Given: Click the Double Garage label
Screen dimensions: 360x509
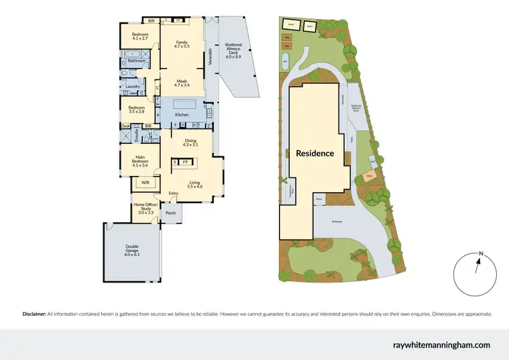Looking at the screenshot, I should click(x=132, y=249).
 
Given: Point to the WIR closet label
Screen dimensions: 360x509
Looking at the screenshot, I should click(x=145, y=182).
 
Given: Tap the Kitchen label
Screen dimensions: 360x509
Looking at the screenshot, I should click(x=182, y=115).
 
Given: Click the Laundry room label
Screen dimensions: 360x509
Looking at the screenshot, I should click(x=132, y=86).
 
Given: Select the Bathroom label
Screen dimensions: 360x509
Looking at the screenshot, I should click(x=138, y=60).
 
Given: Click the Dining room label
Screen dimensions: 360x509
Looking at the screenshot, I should click(x=190, y=141).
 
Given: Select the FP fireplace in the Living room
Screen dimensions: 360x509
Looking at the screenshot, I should click(x=185, y=162).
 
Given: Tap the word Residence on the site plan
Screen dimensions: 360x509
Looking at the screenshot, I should click(x=315, y=154).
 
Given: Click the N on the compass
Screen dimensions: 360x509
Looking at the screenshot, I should click(x=480, y=253).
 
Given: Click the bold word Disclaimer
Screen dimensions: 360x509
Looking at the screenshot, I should click(x=34, y=314).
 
